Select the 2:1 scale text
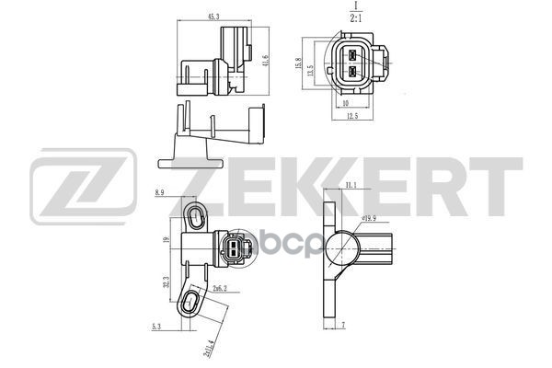[x=355, y=17]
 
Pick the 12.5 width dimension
[x=351, y=115]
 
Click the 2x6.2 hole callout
[x=219, y=288]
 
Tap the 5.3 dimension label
[x=157, y=325]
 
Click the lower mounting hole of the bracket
[x=192, y=302]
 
